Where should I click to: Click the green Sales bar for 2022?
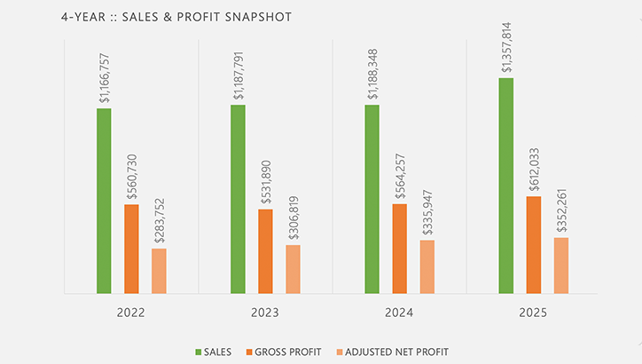pyautogui.click(x=105, y=201)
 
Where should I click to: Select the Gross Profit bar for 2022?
pyautogui.click(x=131, y=249)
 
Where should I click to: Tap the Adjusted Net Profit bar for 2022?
pyautogui.click(x=159, y=271)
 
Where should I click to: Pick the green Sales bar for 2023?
pyautogui.click(x=238, y=199)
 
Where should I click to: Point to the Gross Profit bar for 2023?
pyautogui.click(x=265, y=251)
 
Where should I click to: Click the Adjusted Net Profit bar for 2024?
pyautogui.click(x=427, y=266)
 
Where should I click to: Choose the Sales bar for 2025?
pyautogui.click(x=506, y=186)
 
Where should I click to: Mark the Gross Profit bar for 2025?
pyautogui.click(x=533, y=244)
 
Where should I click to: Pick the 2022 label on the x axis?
pyautogui.click(x=131, y=313)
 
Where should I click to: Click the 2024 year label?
pyautogui.click(x=399, y=313)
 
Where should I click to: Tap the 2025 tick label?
pyautogui.click(x=533, y=313)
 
